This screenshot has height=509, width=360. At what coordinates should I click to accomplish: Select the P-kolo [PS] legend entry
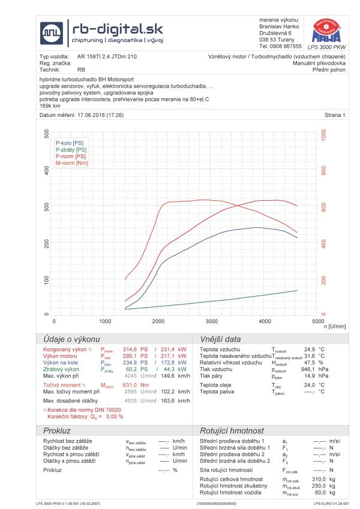point(69,143)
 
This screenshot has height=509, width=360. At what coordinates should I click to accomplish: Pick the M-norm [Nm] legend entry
point(71,163)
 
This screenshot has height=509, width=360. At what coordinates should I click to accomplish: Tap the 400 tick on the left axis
point(47,170)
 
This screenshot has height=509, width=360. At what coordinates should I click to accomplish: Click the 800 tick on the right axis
point(324,170)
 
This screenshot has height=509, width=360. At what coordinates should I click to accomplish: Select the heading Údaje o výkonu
point(71,338)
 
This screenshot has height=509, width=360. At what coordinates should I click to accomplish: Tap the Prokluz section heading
point(57,431)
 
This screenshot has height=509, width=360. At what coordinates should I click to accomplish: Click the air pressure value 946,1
point(308,370)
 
